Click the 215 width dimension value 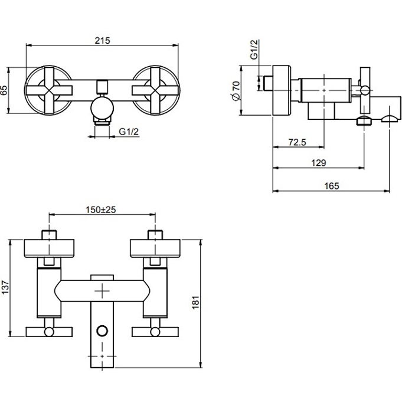pos(102,41)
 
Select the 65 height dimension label pos(4,90)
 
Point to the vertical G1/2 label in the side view pos(254,50)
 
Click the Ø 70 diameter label pos(236,91)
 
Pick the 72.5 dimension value pos(297,142)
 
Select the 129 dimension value pos(318,163)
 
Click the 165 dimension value pos(332,186)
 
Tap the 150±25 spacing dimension pos(101,210)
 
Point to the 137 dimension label pos(5,287)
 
